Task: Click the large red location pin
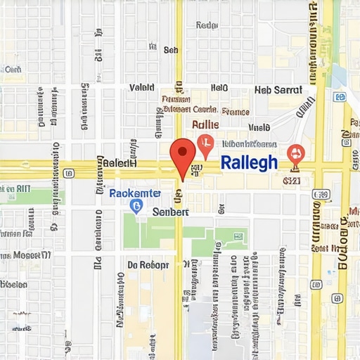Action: (183, 154)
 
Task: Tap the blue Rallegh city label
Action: (249, 162)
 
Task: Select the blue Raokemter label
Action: (135, 193)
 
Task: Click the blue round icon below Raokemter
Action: (136, 205)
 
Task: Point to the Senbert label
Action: (172, 212)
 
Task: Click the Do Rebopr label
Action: (148, 265)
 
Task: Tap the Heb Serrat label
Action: (278, 90)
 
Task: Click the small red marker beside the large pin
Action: (205, 144)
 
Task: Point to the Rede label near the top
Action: (207, 25)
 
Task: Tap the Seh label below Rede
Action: (171, 50)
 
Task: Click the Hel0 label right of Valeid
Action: (219, 88)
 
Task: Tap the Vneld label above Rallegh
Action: (259, 128)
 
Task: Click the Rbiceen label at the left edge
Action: (14, 285)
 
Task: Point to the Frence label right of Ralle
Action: (236, 111)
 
